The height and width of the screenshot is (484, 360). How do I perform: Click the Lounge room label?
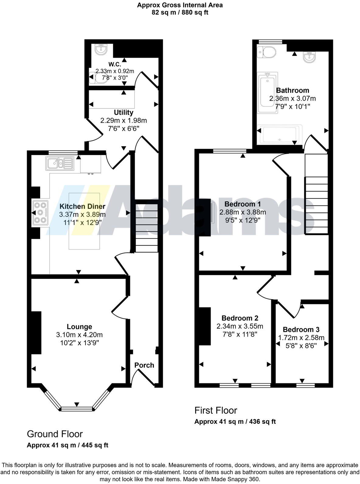tap(79, 327)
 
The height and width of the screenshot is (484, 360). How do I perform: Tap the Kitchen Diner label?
tap(82, 206)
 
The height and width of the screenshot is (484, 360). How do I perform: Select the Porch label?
tap(144, 365)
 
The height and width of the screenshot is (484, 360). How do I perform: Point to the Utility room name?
tap(123, 112)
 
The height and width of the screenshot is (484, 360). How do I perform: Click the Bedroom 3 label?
tap(301, 329)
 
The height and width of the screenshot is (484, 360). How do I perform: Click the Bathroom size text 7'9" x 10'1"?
tap(292, 106)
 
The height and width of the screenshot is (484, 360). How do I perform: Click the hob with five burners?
tap(40, 213)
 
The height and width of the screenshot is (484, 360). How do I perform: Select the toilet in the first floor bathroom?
tap(267, 52)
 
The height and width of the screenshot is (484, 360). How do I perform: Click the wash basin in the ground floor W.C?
tap(101, 49)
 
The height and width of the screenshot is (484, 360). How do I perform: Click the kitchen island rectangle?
tap(84, 221)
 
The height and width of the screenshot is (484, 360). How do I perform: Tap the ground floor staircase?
tap(147, 228)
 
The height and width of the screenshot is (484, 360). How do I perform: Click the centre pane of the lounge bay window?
tap(77, 409)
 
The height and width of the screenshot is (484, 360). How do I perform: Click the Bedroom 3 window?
tap(305, 385)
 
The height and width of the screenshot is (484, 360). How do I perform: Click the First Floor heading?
tap(216, 410)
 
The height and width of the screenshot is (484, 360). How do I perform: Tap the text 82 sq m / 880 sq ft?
tap(180, 12)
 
